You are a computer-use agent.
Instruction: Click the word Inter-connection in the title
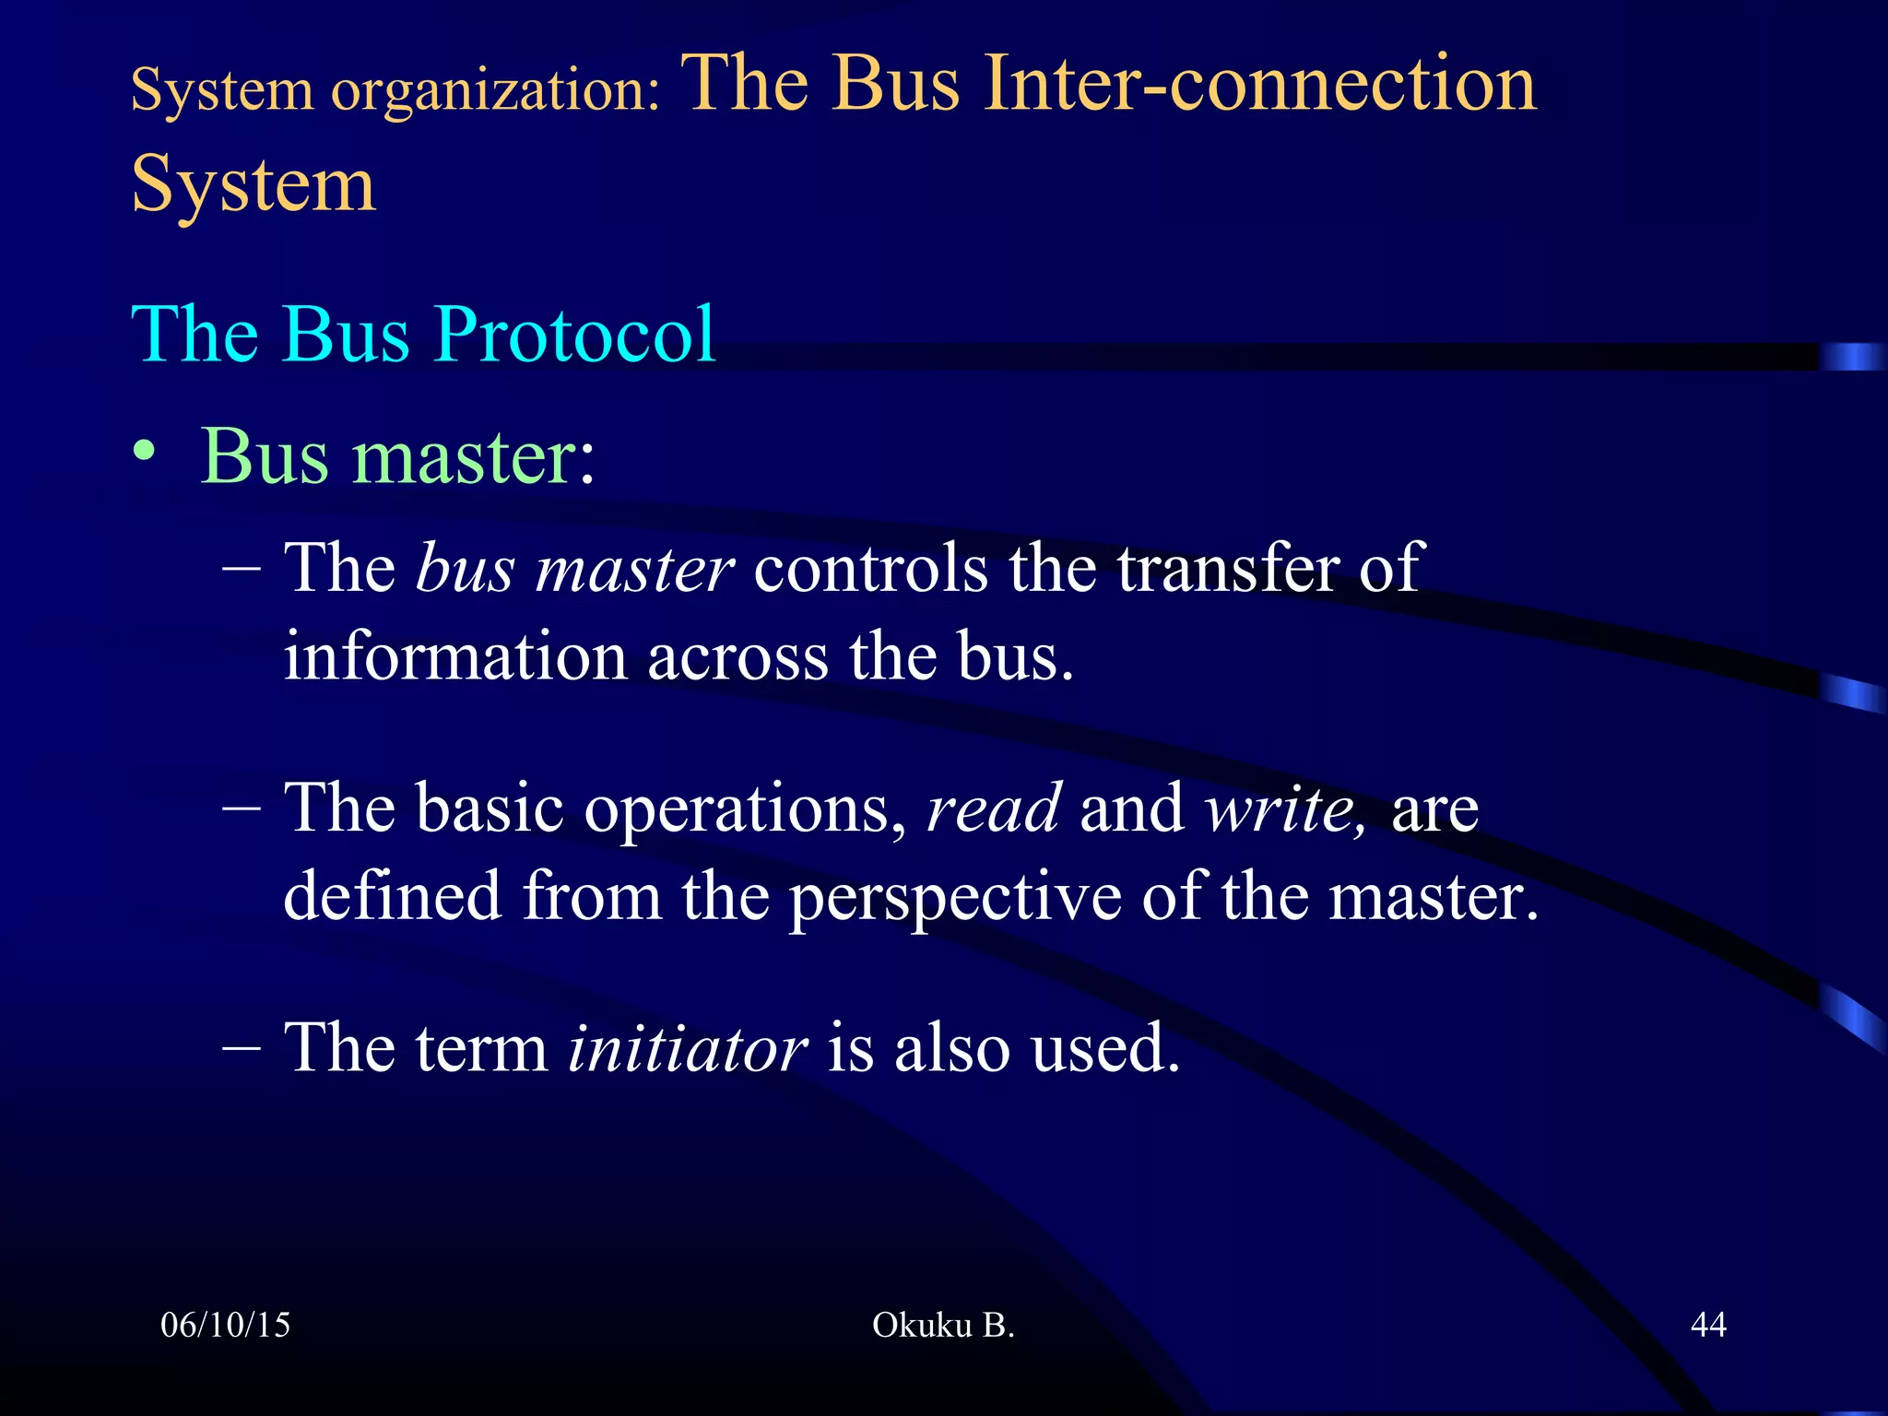[x=1259, y=85]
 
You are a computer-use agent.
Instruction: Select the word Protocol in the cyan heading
[x=574, y=334]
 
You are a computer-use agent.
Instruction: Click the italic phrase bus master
[x=574, y=568]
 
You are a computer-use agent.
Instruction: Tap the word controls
[x=870, y=568]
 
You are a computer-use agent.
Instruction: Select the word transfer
[x=1228, y=568]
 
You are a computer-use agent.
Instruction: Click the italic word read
[x=994, y=808]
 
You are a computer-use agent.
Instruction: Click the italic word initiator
[x=687, y=1048]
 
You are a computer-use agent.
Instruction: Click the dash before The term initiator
[x=242, y=1048]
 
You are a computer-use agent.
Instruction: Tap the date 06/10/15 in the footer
[x=225, y=1326]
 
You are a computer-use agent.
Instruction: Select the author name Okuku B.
[x=943, y=1326]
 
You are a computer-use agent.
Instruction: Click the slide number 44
[x=1707, y=1326]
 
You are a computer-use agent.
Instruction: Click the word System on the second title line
[x=254, y=184]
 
